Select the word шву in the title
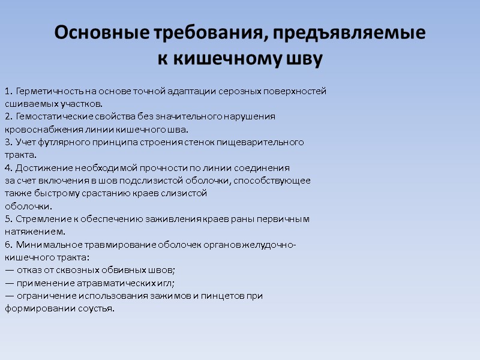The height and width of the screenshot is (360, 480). [x=306, y=59]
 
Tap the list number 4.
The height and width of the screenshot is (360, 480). [x=8, y=168]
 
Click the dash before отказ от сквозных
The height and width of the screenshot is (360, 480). [x=10, y=271]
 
